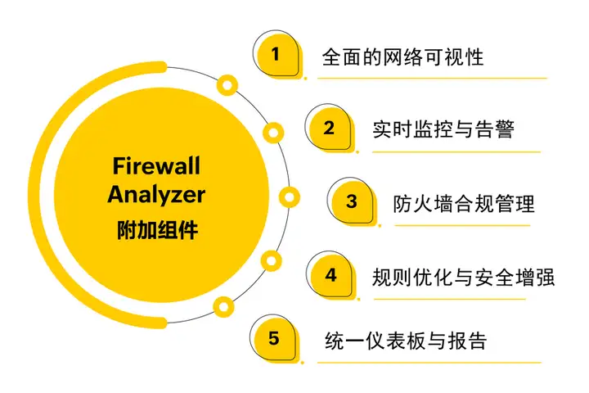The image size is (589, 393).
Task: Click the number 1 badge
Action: click(x=276, y=56)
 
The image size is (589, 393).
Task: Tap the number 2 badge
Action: click(x=329, y=129)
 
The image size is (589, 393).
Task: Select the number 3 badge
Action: click(x=352, y=201)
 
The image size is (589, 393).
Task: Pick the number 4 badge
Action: click(x=330, y=274)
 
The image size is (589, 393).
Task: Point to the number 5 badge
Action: click(x=274, y=338)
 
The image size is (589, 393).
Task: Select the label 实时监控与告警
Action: click(x=443, y=129)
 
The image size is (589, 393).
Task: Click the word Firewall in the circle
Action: click(x=155, y=167)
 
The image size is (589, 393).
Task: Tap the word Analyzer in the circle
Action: click(x=155, y=195)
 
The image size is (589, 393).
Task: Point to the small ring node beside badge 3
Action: click(x=289, y=197)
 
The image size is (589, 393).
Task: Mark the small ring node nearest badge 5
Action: click(x=222, y=306)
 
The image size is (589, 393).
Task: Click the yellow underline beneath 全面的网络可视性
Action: click(x=432, y=78)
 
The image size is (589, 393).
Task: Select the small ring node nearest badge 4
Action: click(x=270, y=260)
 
